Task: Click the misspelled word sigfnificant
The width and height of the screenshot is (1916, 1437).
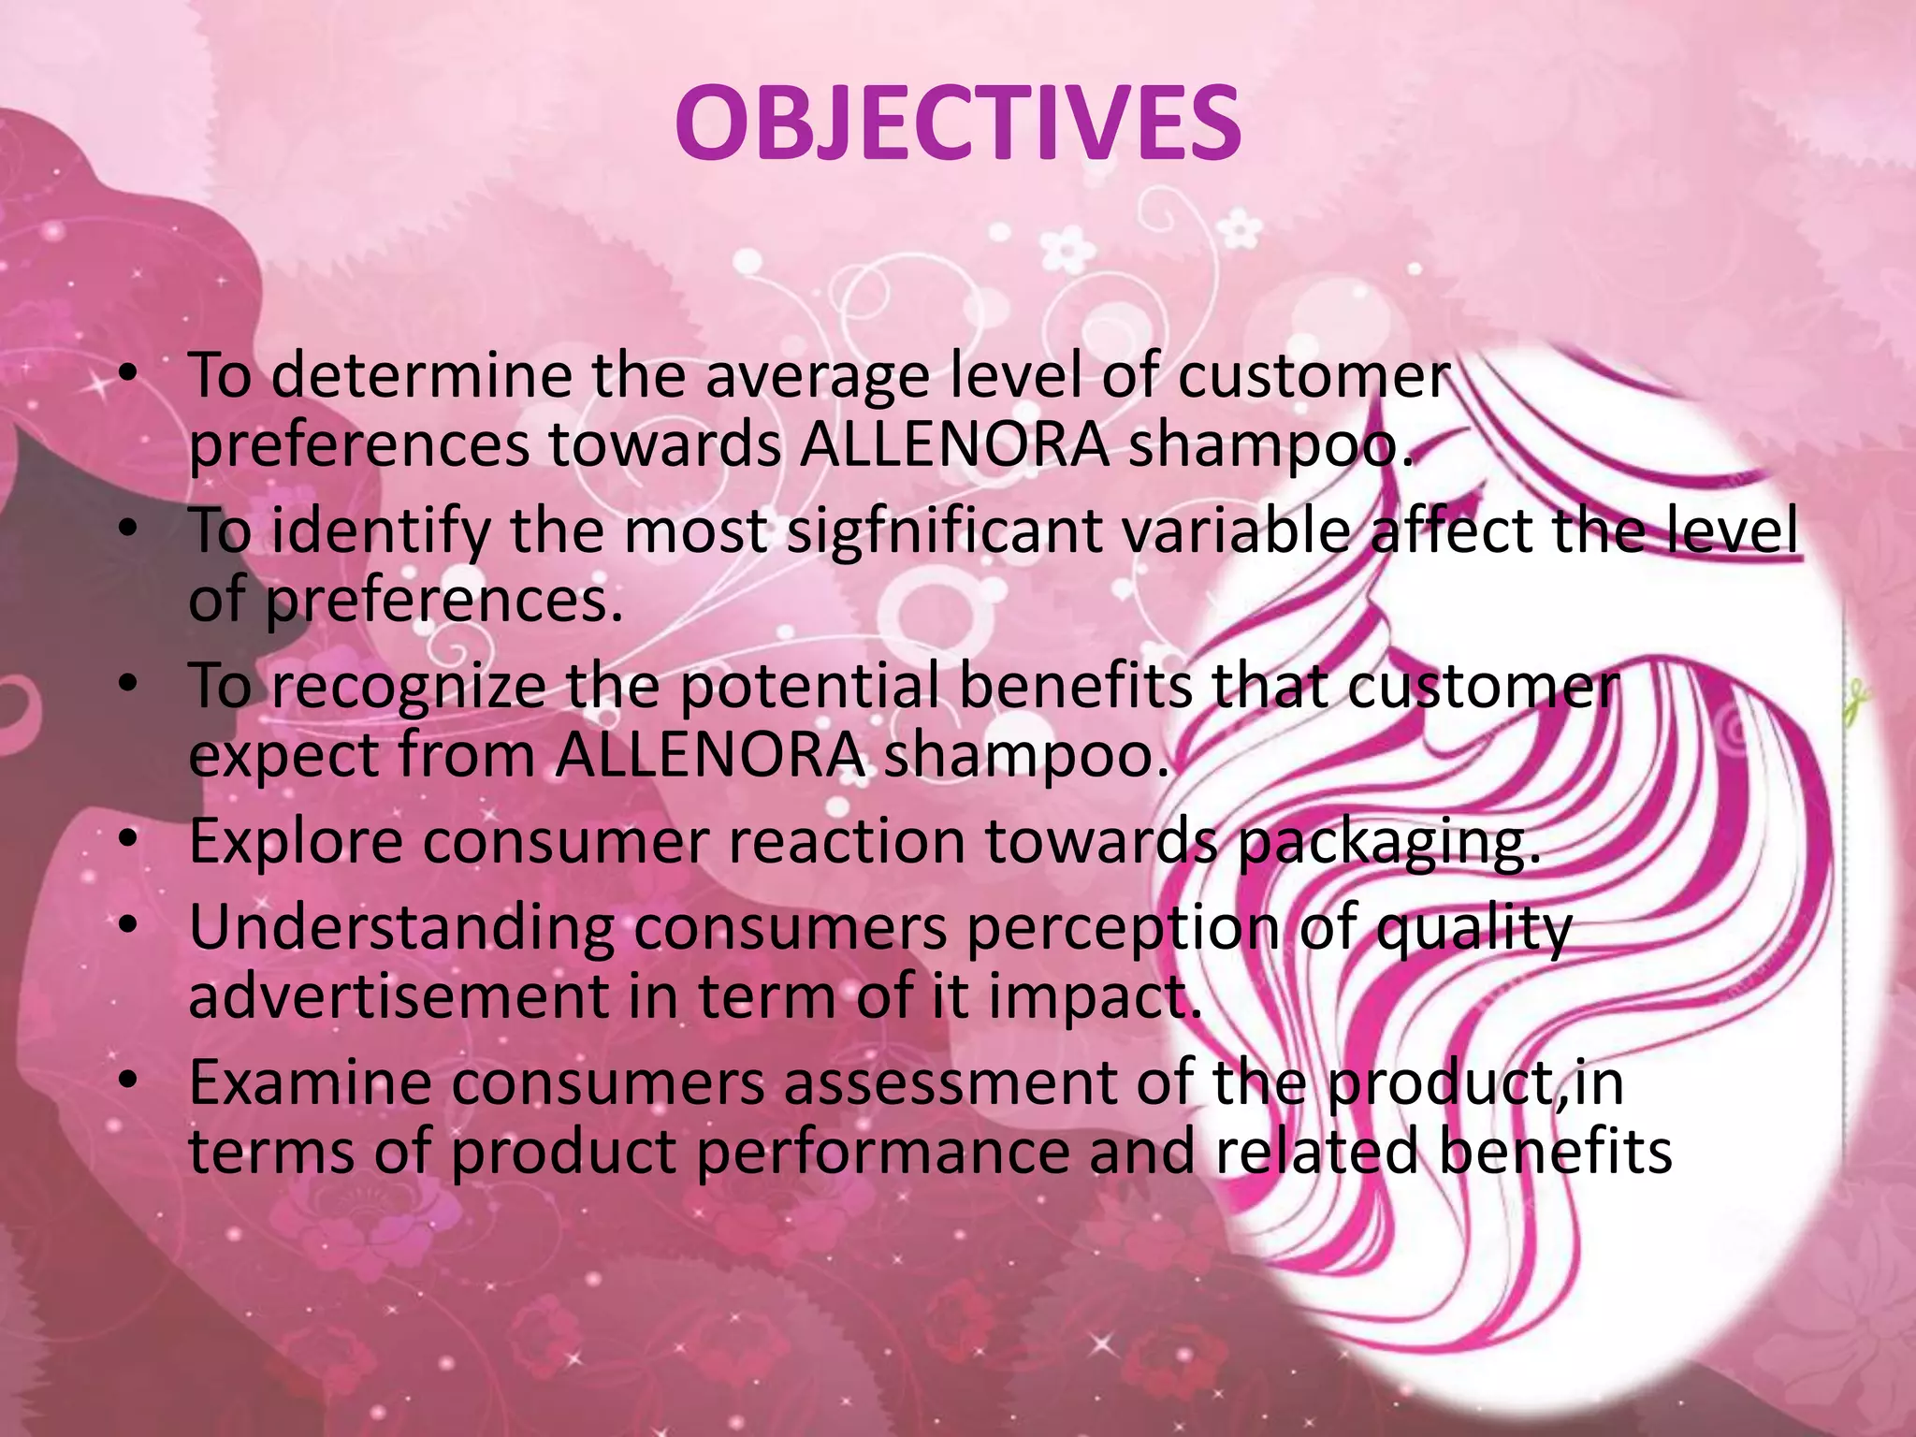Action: pyautogui.click(x=944, y=530)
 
